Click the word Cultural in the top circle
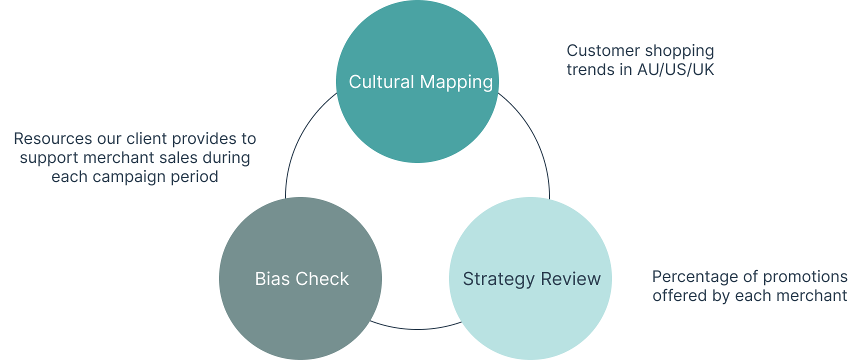(381, 82)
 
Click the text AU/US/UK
(676, 69)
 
